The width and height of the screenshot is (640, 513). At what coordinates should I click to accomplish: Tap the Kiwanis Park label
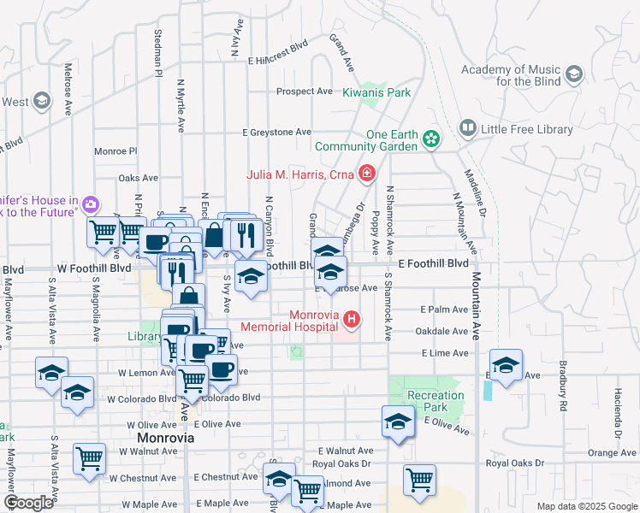tap(377, 92)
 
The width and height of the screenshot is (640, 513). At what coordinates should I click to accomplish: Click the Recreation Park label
tap(436, 401)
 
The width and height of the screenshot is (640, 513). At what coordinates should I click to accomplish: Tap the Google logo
tap(28, 503)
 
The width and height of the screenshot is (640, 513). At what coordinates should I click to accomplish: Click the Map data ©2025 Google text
tap(586, 506)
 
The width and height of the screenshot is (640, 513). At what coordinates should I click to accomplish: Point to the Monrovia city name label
tap(166, 437)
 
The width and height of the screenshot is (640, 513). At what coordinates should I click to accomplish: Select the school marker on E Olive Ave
tap(398, 422)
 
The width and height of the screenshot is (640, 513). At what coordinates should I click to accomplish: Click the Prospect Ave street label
tap(304, 91)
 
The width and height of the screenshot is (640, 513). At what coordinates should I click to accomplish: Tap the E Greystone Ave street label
tap(276, 133)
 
